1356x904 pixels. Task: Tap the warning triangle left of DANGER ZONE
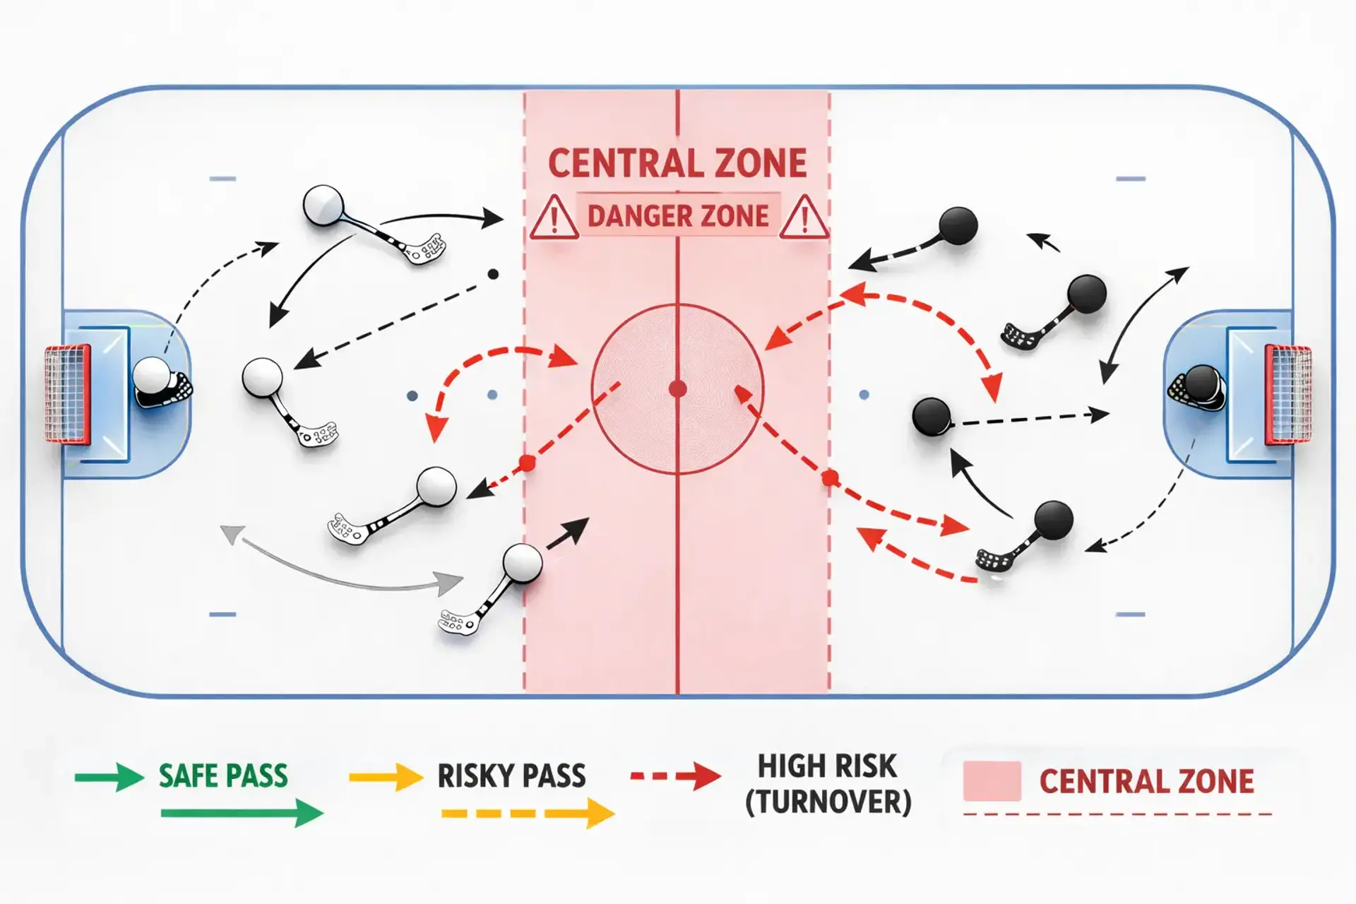pos(554,218)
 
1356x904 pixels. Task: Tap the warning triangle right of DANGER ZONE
pos(804,218)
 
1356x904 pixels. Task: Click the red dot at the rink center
pos(677,388)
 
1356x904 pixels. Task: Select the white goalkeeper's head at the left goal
pos(151,375)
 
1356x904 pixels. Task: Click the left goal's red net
pos(68,394)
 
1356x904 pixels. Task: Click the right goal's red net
pos(1288,394)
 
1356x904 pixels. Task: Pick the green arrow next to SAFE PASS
pos(109,777)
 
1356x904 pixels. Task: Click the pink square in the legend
pos(992,780)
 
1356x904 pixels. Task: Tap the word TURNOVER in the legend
pos(828,802)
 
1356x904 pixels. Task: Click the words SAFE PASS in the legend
pos(223,776)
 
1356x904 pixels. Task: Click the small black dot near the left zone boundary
pos(494,274)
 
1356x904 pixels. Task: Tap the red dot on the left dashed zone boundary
pos(527,463)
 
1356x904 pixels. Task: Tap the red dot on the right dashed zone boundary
pos(831,479)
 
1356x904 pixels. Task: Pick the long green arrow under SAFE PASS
pos(242,814)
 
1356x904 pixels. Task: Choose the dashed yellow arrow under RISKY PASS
pos(528,814)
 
